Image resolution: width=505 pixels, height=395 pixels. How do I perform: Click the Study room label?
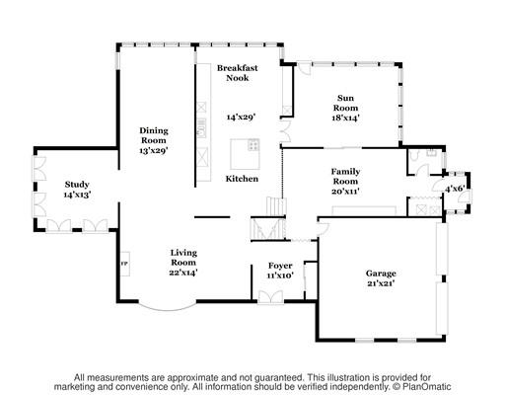(77, 190)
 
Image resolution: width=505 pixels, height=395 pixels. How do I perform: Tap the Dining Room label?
(154, 140)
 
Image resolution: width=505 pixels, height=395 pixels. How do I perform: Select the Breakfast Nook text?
(238, 73)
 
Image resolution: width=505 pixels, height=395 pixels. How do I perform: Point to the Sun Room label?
(345, 108)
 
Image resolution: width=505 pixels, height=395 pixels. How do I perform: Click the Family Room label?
(345, 181)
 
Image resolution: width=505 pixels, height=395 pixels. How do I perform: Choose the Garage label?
(381, 278)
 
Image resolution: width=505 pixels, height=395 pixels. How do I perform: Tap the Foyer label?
(280, 271)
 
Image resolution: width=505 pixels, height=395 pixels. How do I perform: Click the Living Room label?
(183, 263)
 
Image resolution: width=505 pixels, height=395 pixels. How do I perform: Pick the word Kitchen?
(242, 179)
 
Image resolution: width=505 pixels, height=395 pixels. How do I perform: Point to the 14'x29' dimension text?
(241, 117)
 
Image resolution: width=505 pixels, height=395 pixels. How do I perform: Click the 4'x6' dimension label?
(455, 189)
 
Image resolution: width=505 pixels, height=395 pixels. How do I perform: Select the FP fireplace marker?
(124, 264)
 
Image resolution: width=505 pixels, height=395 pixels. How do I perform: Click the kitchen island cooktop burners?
(253, 145)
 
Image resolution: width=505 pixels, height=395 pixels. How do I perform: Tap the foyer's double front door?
(270, 297)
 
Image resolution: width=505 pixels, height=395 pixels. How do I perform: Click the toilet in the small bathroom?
(413, 155)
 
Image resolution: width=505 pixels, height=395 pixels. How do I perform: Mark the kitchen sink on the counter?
(201, 127)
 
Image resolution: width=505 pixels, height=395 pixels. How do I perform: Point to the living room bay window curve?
(168, 308)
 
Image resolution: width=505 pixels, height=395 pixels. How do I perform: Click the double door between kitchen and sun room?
(285, 131)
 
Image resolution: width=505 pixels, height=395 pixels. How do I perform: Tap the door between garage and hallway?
(324, 228)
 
